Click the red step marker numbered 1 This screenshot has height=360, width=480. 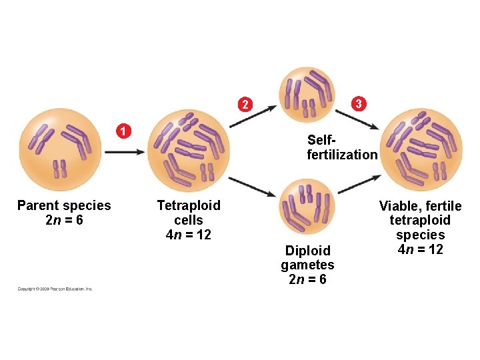(x=123, y=129)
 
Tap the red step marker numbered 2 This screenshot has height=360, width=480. (x=245, y=105)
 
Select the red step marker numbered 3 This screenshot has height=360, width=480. (x=359, y=103)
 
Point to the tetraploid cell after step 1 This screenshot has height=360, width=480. (x=189, y=150)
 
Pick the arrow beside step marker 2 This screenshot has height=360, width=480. (x=253, y=116)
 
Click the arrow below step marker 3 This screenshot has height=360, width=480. (x=364, y=121)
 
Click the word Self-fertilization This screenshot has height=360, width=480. (x=341, y=147)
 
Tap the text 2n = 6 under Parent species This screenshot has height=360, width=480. (x=64, y=220)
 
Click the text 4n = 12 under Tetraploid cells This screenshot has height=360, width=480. (x=189, y=235)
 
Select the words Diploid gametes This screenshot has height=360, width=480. (x=307, y=258)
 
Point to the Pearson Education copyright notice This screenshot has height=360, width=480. (x=55, y=289)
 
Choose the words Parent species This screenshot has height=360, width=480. (x=64, y=205)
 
